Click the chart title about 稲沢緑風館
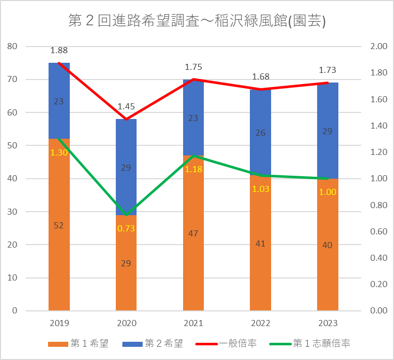coord(197,21)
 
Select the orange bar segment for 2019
coord(59,253)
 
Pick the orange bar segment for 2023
coord(327,263)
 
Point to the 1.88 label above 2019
coord(59,50)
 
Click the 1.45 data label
coord(126,106)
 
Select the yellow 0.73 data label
coord(126,228)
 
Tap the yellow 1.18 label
coord(193,169)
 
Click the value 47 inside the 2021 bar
coord(193,233)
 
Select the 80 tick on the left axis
coord(13,47)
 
